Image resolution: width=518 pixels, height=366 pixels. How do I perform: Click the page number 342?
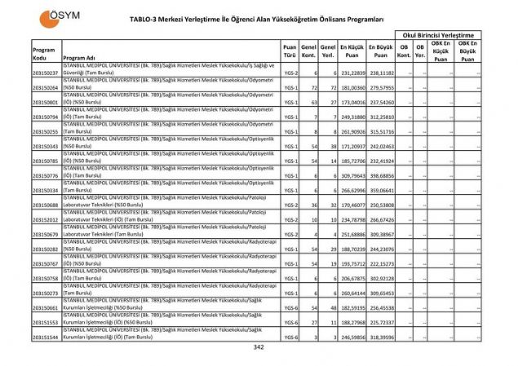tap(259, 347)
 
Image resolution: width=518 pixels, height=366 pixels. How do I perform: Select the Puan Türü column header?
tap(290, 53)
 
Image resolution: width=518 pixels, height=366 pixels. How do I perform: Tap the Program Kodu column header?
tap(45, 53)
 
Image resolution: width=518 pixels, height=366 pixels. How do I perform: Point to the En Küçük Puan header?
tap(352, 53)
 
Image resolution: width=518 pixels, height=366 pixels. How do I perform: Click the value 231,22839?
tap(352, 73)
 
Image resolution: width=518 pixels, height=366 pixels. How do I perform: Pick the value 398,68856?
tap(381, 175)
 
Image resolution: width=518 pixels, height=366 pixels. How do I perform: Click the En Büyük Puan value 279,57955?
tap(381, 87)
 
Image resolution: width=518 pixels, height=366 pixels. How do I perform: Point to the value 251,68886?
tap(352, 234)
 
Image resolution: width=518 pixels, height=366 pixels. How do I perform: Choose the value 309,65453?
tap(381, 293)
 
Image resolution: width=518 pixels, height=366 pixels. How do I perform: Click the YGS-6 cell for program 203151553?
tap(290, 322)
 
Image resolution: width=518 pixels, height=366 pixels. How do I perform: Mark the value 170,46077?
tap(352, 205)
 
